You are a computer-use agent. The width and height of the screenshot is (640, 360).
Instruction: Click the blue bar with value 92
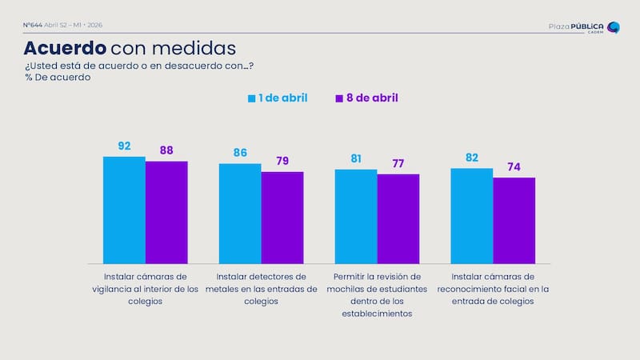click(x=124, y=210)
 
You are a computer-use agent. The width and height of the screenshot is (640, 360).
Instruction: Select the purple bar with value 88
click(x=166, y=212)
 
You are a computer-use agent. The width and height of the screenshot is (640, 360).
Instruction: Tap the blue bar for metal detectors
click(x=240, y=214)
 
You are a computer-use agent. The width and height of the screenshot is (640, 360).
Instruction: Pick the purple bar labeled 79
click(x=282, y=218)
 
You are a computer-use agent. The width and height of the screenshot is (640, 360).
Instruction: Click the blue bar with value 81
click(x=356, y=216)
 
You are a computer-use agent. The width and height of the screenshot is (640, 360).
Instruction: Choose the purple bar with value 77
click(x=398, y=218)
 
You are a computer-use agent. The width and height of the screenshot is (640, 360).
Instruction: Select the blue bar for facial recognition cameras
click(x=472, y=216)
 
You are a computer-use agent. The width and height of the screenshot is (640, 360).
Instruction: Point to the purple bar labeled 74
click(x=514, y=221)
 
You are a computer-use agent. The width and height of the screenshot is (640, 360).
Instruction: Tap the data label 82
click(x=472, y=155)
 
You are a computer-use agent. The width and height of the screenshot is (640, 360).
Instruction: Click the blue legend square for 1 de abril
click(x=252, y=98)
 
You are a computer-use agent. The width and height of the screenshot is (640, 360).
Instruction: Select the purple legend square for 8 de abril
click(x=339, y=98)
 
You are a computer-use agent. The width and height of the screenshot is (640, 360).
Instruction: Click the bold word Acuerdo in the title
click(x=63, y=47)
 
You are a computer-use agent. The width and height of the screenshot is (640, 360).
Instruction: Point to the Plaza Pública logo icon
click(x=614, y=27)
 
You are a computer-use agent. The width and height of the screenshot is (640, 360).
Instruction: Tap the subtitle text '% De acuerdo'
click(x=58, y=78)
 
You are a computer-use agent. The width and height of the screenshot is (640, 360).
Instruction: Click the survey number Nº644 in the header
click(x=34, y=25)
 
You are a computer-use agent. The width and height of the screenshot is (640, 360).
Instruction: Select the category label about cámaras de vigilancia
click(x=145, y=288)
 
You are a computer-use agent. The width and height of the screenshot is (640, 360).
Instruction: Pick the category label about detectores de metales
click(x=261, y=288)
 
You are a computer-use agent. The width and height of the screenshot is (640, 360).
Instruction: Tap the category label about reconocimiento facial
click(x=493, y=288)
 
